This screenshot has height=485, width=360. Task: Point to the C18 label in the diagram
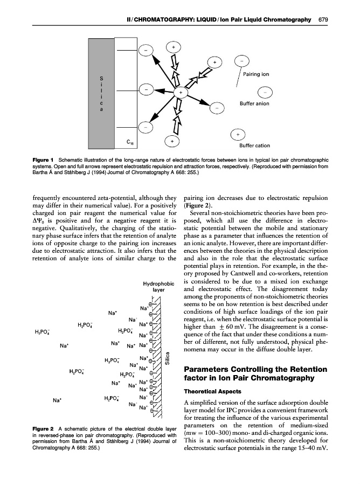pyautogui.click(x=131, y=143)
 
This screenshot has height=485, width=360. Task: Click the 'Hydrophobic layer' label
pyautogui.click(x=157, y=286)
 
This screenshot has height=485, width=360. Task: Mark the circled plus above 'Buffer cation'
pyautogui.click(x=238, y=133)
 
